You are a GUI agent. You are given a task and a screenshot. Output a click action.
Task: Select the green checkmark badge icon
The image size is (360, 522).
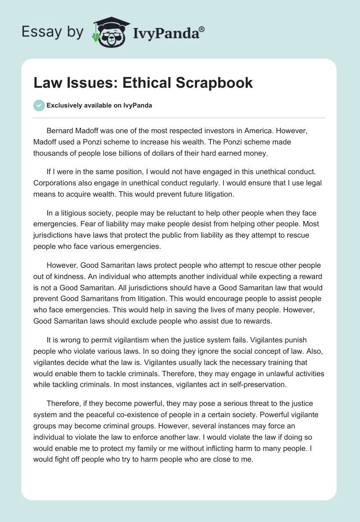[39, 105]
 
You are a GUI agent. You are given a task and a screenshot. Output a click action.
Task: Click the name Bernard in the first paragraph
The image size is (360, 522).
[61, 130]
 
